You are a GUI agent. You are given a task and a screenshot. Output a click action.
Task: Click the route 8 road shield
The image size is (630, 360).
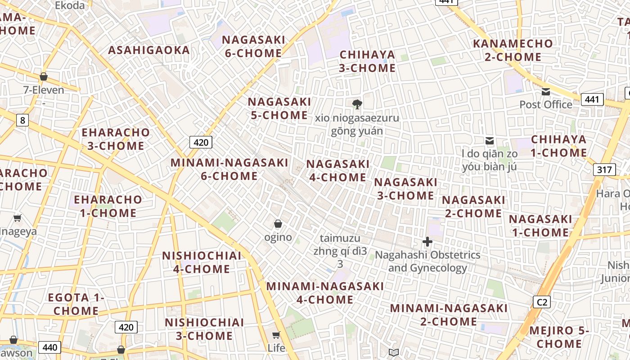point(22,120)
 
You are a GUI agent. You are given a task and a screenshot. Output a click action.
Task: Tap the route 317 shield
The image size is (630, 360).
point(604,170)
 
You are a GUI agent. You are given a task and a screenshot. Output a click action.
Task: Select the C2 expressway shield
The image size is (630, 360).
point(542,302)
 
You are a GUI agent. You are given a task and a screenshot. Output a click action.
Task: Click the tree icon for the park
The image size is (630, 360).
point(357,104)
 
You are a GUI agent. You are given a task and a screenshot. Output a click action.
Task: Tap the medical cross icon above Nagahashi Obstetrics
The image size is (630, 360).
point(427,242)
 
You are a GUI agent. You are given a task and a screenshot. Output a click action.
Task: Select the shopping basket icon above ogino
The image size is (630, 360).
point(278,224)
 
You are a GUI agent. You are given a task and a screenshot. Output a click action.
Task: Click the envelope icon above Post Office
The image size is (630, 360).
point(546,92)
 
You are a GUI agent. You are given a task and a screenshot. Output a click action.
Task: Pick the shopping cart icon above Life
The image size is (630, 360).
point(276,335)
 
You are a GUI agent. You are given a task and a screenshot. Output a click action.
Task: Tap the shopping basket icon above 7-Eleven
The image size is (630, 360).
point(44,77)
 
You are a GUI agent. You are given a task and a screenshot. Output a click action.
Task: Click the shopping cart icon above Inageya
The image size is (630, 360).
point(18,218)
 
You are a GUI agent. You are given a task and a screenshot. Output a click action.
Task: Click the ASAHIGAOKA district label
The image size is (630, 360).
point(148,50)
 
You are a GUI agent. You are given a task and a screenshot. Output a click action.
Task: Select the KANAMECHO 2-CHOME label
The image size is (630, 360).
point(513,50)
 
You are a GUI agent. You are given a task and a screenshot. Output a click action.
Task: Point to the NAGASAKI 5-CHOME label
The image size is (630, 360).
point(279,108)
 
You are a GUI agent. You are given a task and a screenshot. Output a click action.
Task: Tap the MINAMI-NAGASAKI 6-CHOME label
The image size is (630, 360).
point(229,169)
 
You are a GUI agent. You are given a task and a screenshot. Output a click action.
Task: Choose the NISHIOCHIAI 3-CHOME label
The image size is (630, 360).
point(204,329)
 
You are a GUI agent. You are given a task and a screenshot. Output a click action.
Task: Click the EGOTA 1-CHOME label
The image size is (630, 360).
point(76,304)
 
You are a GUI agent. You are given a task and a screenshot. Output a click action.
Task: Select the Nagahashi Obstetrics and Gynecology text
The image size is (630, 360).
point(427,261)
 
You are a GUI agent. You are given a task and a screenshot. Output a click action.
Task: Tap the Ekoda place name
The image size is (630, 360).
point(70,5)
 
